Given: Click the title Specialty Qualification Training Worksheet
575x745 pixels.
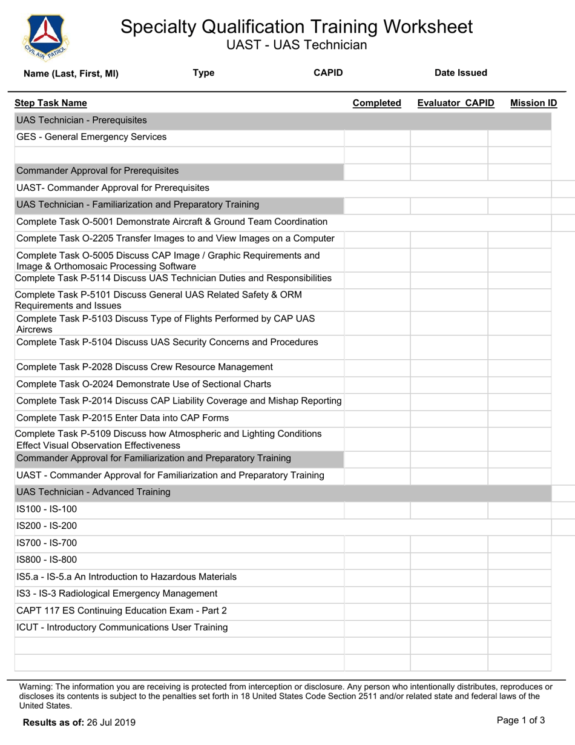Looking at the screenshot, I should (x=297, y=27).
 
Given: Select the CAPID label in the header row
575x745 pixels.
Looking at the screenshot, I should (x=328, y=73).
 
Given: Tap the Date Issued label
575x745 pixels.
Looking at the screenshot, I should (x=461, y=73).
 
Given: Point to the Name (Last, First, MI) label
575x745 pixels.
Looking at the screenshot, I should (x=71, y=74).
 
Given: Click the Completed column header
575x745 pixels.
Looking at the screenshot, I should (x=376, y=103).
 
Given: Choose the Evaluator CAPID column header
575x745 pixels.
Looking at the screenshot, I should (x=456, y=103).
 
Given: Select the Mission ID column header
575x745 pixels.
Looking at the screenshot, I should (x=533, y=103).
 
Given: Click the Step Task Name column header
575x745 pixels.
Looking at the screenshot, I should (x=51, y=103).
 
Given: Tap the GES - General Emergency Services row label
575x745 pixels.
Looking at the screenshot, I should (x=91, y=137).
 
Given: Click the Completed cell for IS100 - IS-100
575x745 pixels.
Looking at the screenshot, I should (x=377, y=509).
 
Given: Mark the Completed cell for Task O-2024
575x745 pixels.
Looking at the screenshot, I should (x=377, y=384).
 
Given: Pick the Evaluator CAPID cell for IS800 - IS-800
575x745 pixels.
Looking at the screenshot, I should (x=449, y=560).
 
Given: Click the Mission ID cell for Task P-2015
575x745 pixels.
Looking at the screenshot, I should (x=519, y=418).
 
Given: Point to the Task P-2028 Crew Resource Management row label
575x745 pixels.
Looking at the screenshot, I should (x=145, y=367).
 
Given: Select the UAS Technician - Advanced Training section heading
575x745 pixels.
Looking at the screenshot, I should (x=94, y=492).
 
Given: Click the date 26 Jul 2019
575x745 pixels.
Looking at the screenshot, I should (x=111, y=722).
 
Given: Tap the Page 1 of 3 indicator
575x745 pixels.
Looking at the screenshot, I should (x=521, y=721).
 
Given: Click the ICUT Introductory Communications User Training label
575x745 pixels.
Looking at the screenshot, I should (x=122, y=627).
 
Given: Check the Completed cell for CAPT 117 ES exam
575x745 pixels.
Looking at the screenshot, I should (x=377, y=611).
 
